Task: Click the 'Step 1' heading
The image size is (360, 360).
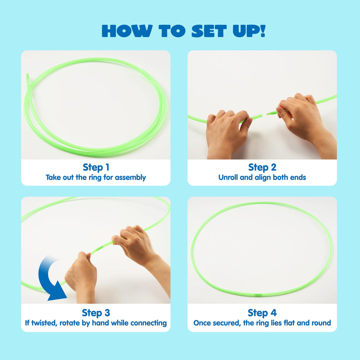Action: tap(96, 167)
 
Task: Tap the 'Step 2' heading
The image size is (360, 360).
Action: tap(262, 167)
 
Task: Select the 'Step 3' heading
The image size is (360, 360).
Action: tap(96, 313)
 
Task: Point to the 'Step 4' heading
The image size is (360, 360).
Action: tap(262, 313)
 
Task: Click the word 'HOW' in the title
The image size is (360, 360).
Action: tap(127, 31)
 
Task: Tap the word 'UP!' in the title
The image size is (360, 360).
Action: tap(249, 31)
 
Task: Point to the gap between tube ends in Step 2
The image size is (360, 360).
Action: tap(264, 114)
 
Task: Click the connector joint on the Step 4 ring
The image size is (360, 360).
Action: tap(258, 294)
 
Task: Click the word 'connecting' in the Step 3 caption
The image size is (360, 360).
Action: tap(149, 323)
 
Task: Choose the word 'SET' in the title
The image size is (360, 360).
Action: tap(209, 31)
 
